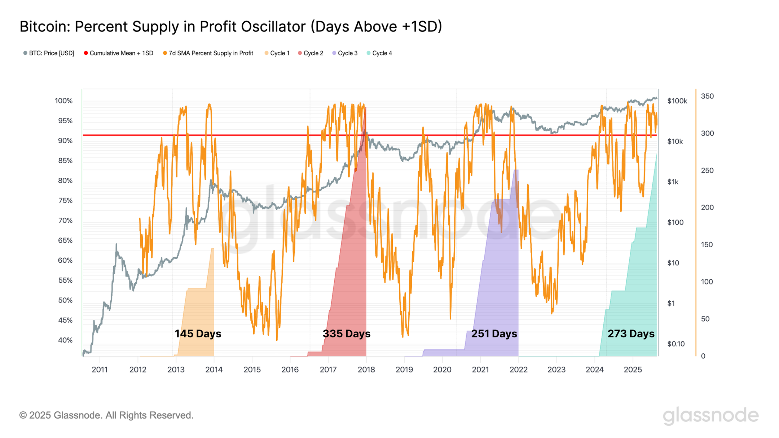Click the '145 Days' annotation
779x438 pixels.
198,333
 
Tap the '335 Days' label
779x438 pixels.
346,333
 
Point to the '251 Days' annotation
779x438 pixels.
494,333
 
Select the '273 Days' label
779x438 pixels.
631,333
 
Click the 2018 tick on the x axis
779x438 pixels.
366,370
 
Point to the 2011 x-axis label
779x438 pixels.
100,370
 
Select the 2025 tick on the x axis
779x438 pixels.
633,370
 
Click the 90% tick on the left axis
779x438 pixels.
65,141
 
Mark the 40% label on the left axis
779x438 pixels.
65,340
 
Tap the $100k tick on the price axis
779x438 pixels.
677,101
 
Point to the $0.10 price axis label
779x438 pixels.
675,344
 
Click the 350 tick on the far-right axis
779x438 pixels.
707,96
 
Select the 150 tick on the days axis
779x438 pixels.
707,245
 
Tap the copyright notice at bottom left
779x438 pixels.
106,415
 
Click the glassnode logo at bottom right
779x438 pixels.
710,415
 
